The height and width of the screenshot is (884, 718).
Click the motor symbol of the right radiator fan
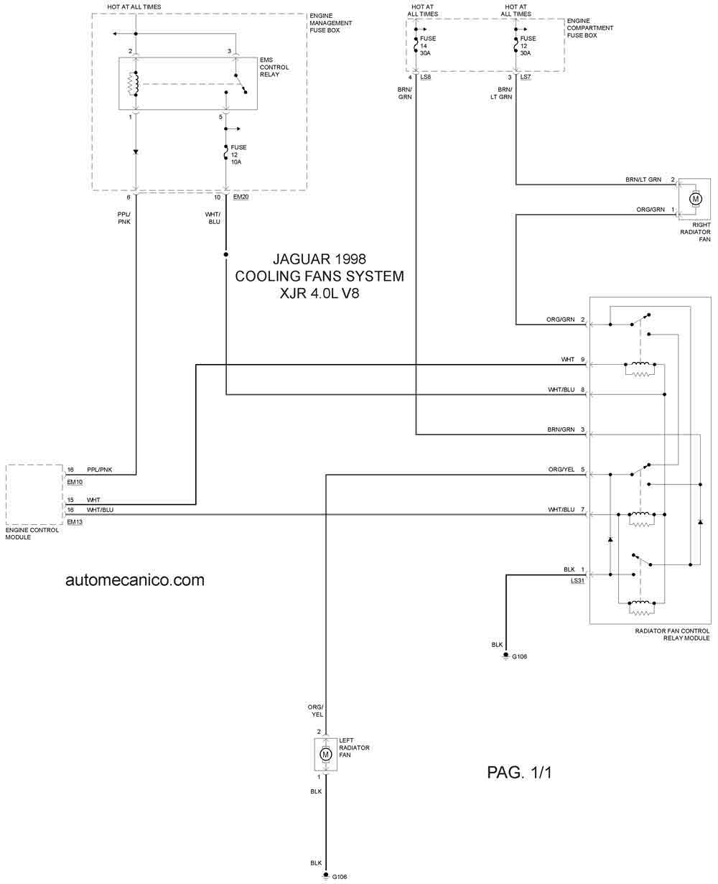click(694, 198)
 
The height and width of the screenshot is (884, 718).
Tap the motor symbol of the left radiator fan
click(325, 754)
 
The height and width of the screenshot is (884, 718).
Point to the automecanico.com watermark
click(135, 580)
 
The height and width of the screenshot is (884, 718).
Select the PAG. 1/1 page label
click(519, 773)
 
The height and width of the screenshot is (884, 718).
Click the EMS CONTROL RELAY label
click(274, 68)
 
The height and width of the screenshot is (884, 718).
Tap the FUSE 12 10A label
click(238, 154)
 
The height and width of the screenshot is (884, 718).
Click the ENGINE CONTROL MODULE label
click(32, 534)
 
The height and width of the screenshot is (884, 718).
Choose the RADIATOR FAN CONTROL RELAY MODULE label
click(672, 634)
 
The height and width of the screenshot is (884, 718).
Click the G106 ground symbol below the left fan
click(325, 875)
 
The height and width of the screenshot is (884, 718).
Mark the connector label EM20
click(241, 196)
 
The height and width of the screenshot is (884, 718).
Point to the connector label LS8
click(425, 77)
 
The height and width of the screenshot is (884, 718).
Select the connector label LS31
click(577, 580)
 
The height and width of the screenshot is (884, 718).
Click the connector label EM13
click(75, 522)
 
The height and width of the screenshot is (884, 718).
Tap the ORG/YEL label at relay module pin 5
click(561, 470)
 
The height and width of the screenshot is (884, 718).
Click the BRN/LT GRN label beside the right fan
click(643, 180)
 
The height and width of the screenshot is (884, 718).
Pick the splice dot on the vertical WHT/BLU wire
click(226, 254)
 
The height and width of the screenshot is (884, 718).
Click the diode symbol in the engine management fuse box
click(136, 152)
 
